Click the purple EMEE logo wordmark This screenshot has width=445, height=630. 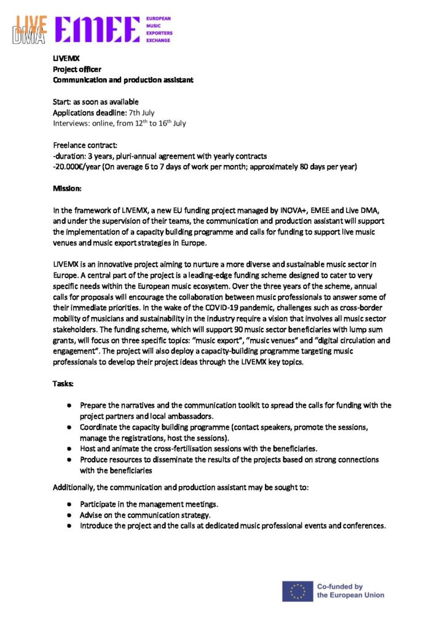point(98,30)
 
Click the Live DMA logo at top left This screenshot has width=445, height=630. point(31,30)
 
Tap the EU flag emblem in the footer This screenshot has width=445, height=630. point(297,591)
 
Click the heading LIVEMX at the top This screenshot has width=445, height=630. point(63,58)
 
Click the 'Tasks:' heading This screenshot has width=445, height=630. point(63,384)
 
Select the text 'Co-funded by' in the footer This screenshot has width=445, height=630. point(339,586)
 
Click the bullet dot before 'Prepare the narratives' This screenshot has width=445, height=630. point(71,405)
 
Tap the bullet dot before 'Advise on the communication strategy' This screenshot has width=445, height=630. point(71,515)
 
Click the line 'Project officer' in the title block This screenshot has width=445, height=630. point(77,69)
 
